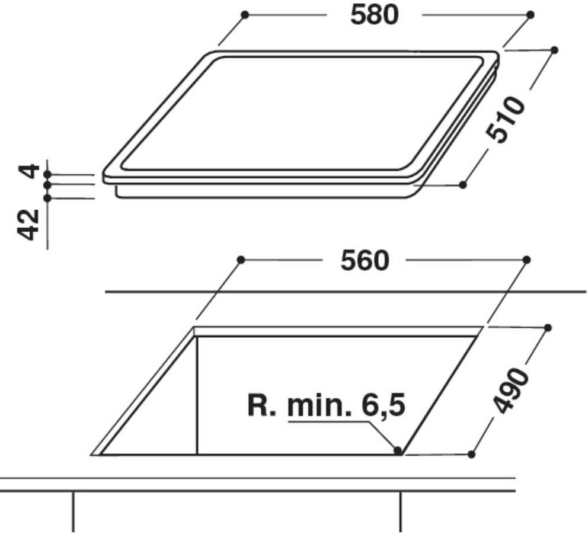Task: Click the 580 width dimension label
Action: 374,15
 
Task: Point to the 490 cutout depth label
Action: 510,391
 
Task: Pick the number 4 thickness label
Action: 29,171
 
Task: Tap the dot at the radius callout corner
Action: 398,450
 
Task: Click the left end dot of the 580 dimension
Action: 245,15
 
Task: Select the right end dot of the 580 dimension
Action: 531,15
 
